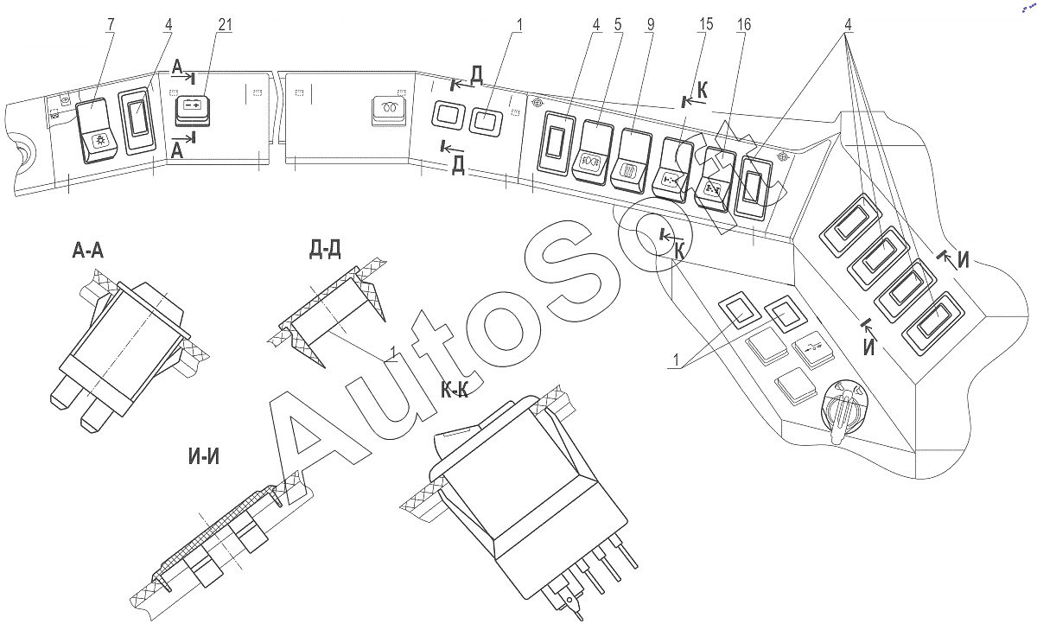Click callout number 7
[x=111, y=24]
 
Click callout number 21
[x=225, y=24]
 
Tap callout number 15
[x=705, y=24]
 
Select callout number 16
[x=743, y=24]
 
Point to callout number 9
[x=651, y=24]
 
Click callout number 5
[x=618, y=24]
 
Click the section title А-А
[x=88, y=251]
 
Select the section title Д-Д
[x=325, y=250]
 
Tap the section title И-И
[x=204, y=456]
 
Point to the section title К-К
[x=455, y=391]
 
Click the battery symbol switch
[x=193, y=111]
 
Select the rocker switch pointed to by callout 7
[x=97, y=131]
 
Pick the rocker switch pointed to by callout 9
[x=631, y=161]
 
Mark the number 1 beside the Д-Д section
[x=393, y=353]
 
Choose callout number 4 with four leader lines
[x=848, y=24]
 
